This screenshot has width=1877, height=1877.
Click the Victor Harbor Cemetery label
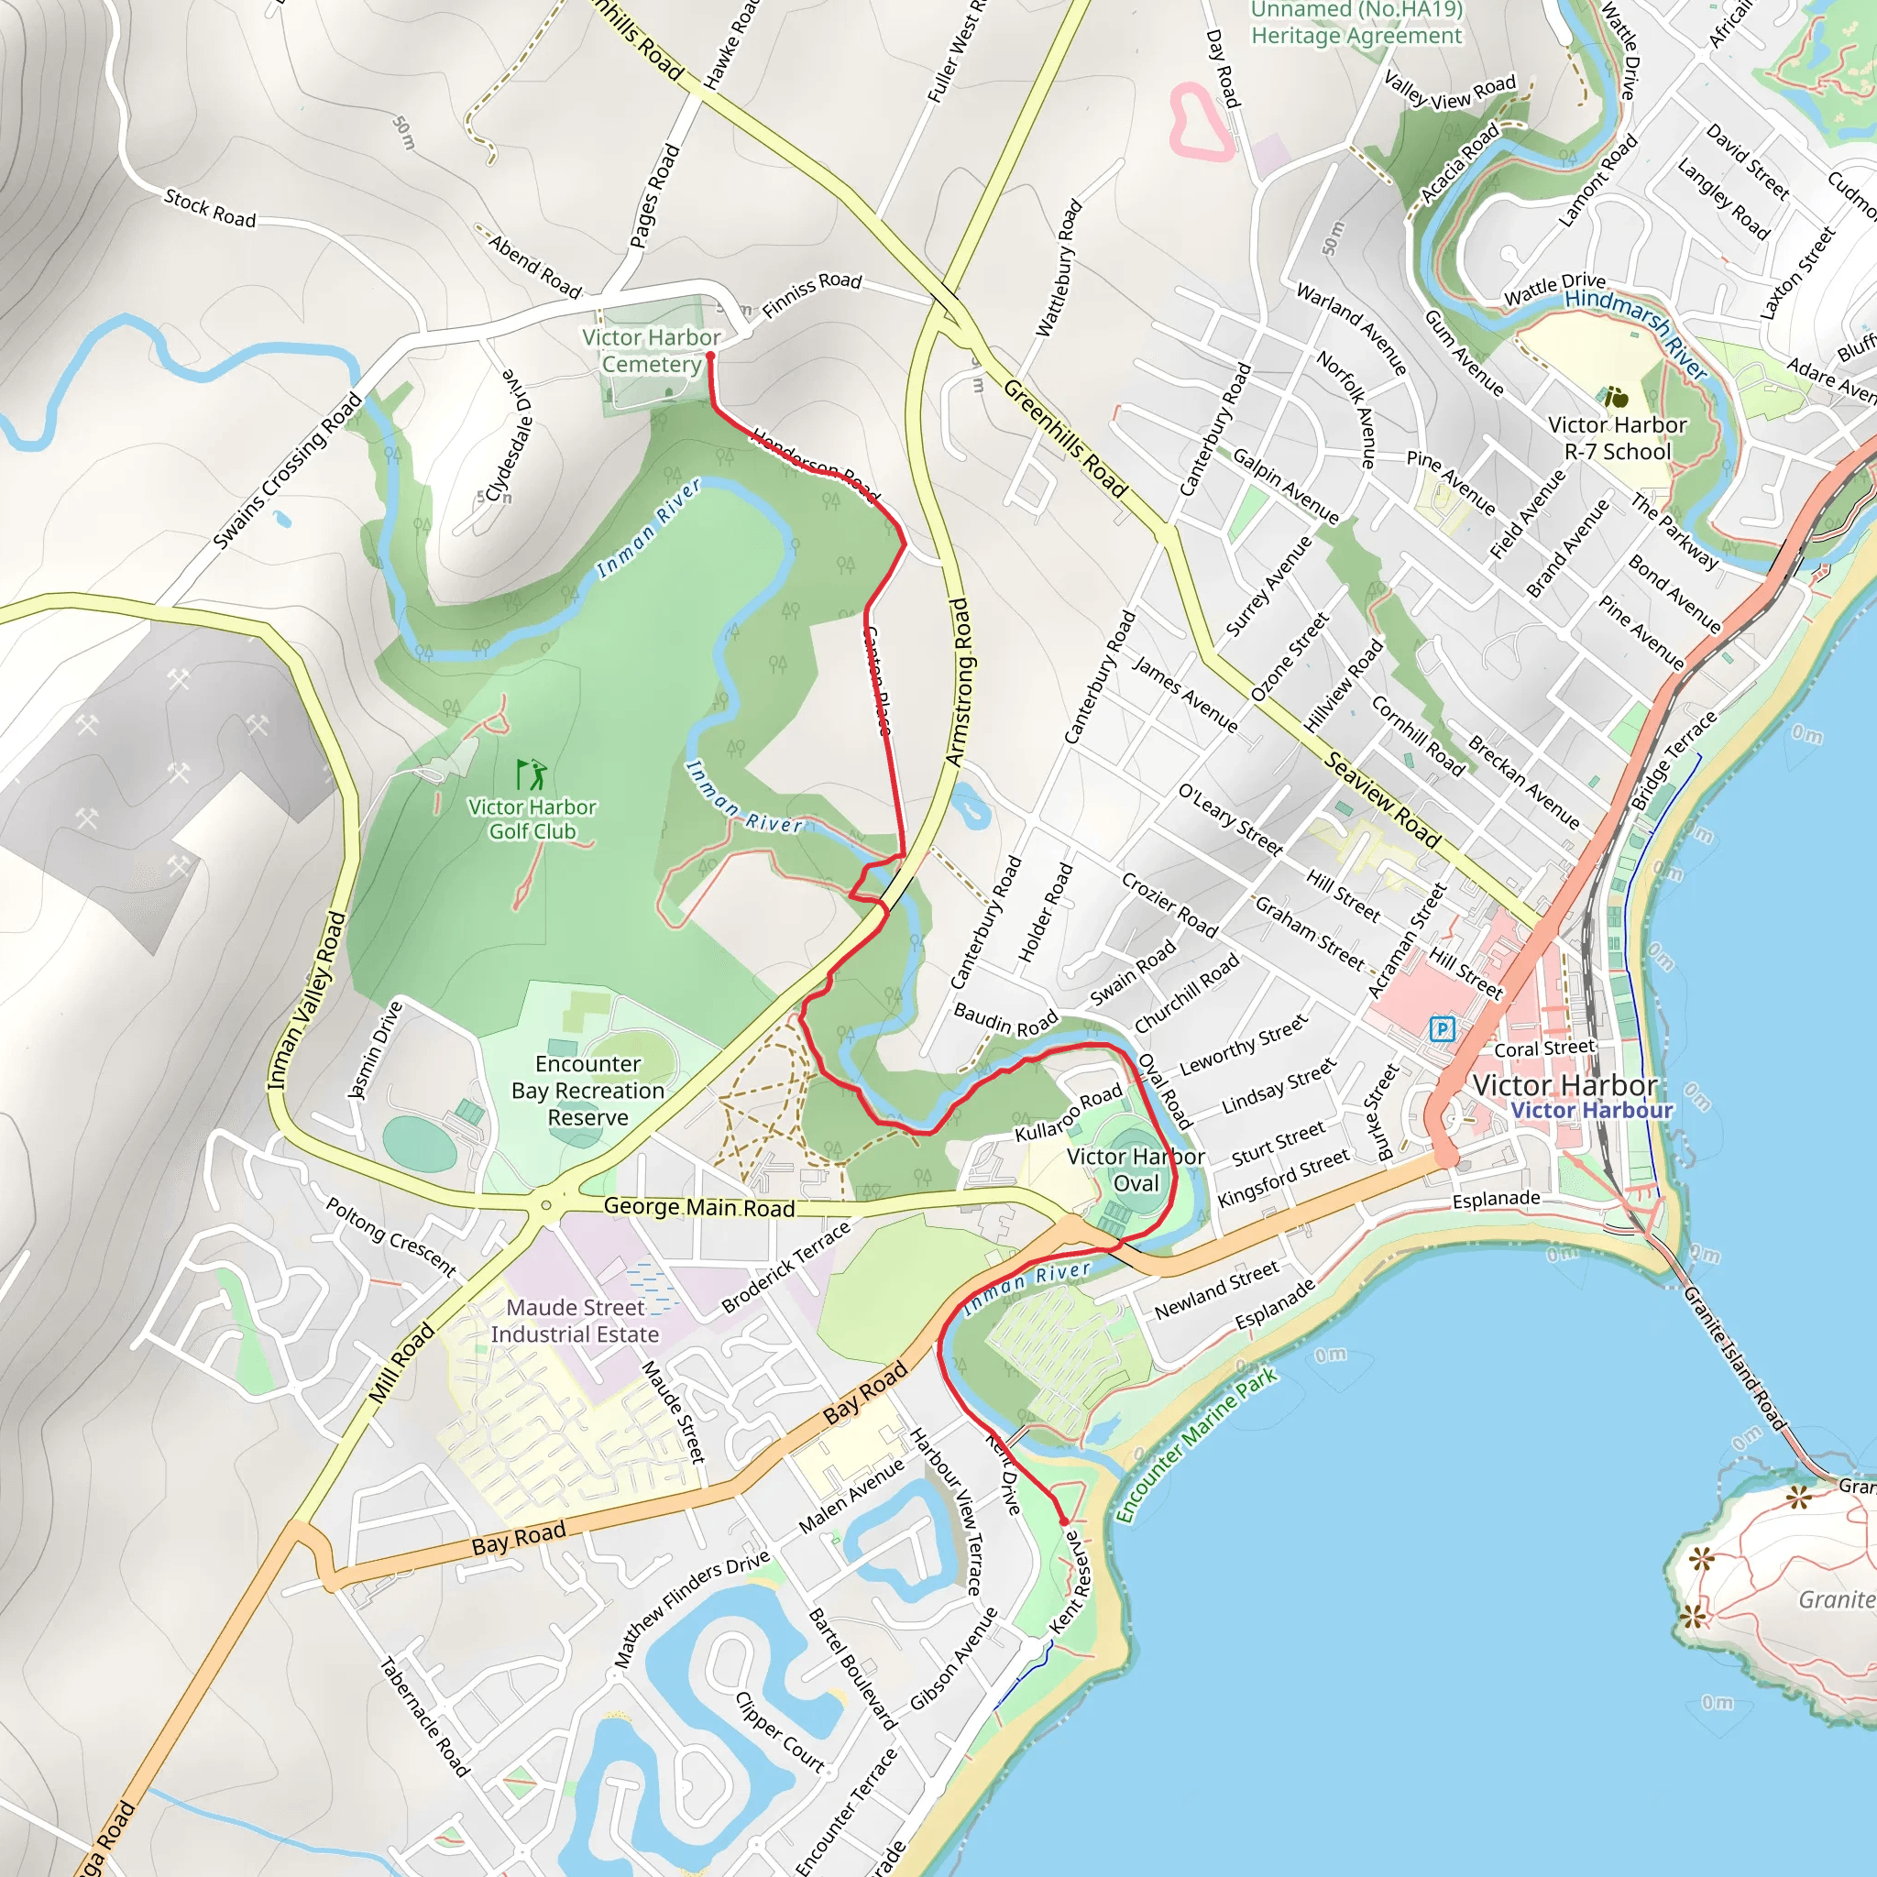pos(651,351)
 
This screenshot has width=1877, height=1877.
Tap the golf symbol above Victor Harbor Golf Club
pos(531,774)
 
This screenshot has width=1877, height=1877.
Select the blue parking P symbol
pos(1443,1029)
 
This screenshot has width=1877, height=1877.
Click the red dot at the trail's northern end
pos(709,357)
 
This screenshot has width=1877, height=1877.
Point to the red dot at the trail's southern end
pos(1063,1520)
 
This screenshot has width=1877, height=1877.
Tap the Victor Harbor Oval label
pos(1136,1169)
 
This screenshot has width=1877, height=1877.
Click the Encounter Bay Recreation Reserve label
pos(587,1090)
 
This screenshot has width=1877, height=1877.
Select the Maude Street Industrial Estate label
pos(576,1321)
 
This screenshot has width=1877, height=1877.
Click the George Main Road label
pos(698,1207)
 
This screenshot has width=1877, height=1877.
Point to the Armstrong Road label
pos(959,682)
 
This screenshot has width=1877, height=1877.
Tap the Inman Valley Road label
pos(307,1000)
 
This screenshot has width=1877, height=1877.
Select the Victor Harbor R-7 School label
pos(1617,438)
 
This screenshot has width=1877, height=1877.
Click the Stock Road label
pos(210,209)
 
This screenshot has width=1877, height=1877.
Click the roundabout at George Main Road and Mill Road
pos(546,1206)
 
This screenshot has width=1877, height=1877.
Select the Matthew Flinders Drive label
pos(692,1608)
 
